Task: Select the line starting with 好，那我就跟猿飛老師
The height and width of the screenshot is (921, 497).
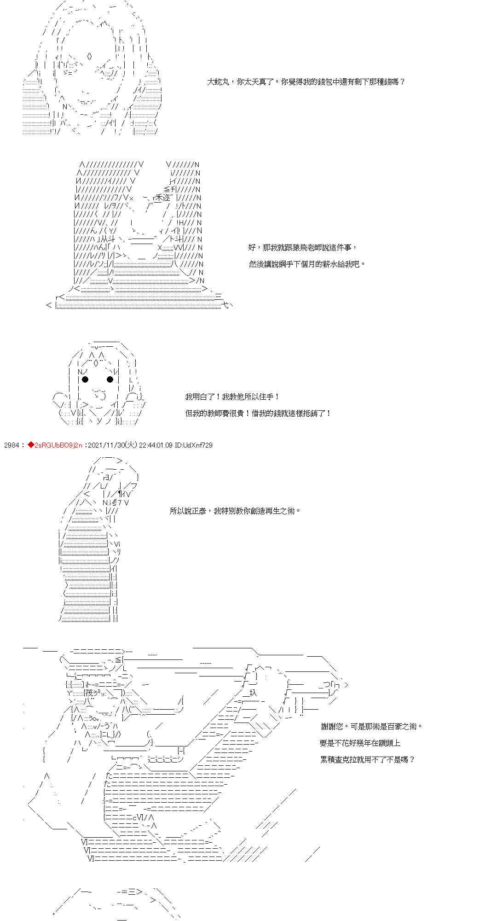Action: click(302, 248)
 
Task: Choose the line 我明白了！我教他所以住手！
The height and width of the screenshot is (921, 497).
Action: click(232, 397)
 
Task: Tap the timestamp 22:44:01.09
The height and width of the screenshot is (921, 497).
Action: click(155, 445)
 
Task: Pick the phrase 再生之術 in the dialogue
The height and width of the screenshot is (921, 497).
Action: click(282, 511)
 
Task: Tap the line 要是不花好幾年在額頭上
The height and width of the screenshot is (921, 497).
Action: click(360, 743)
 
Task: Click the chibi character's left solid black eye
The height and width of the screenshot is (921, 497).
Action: click(85, 379)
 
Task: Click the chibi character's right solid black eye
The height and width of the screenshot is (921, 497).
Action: click(110, 379)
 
